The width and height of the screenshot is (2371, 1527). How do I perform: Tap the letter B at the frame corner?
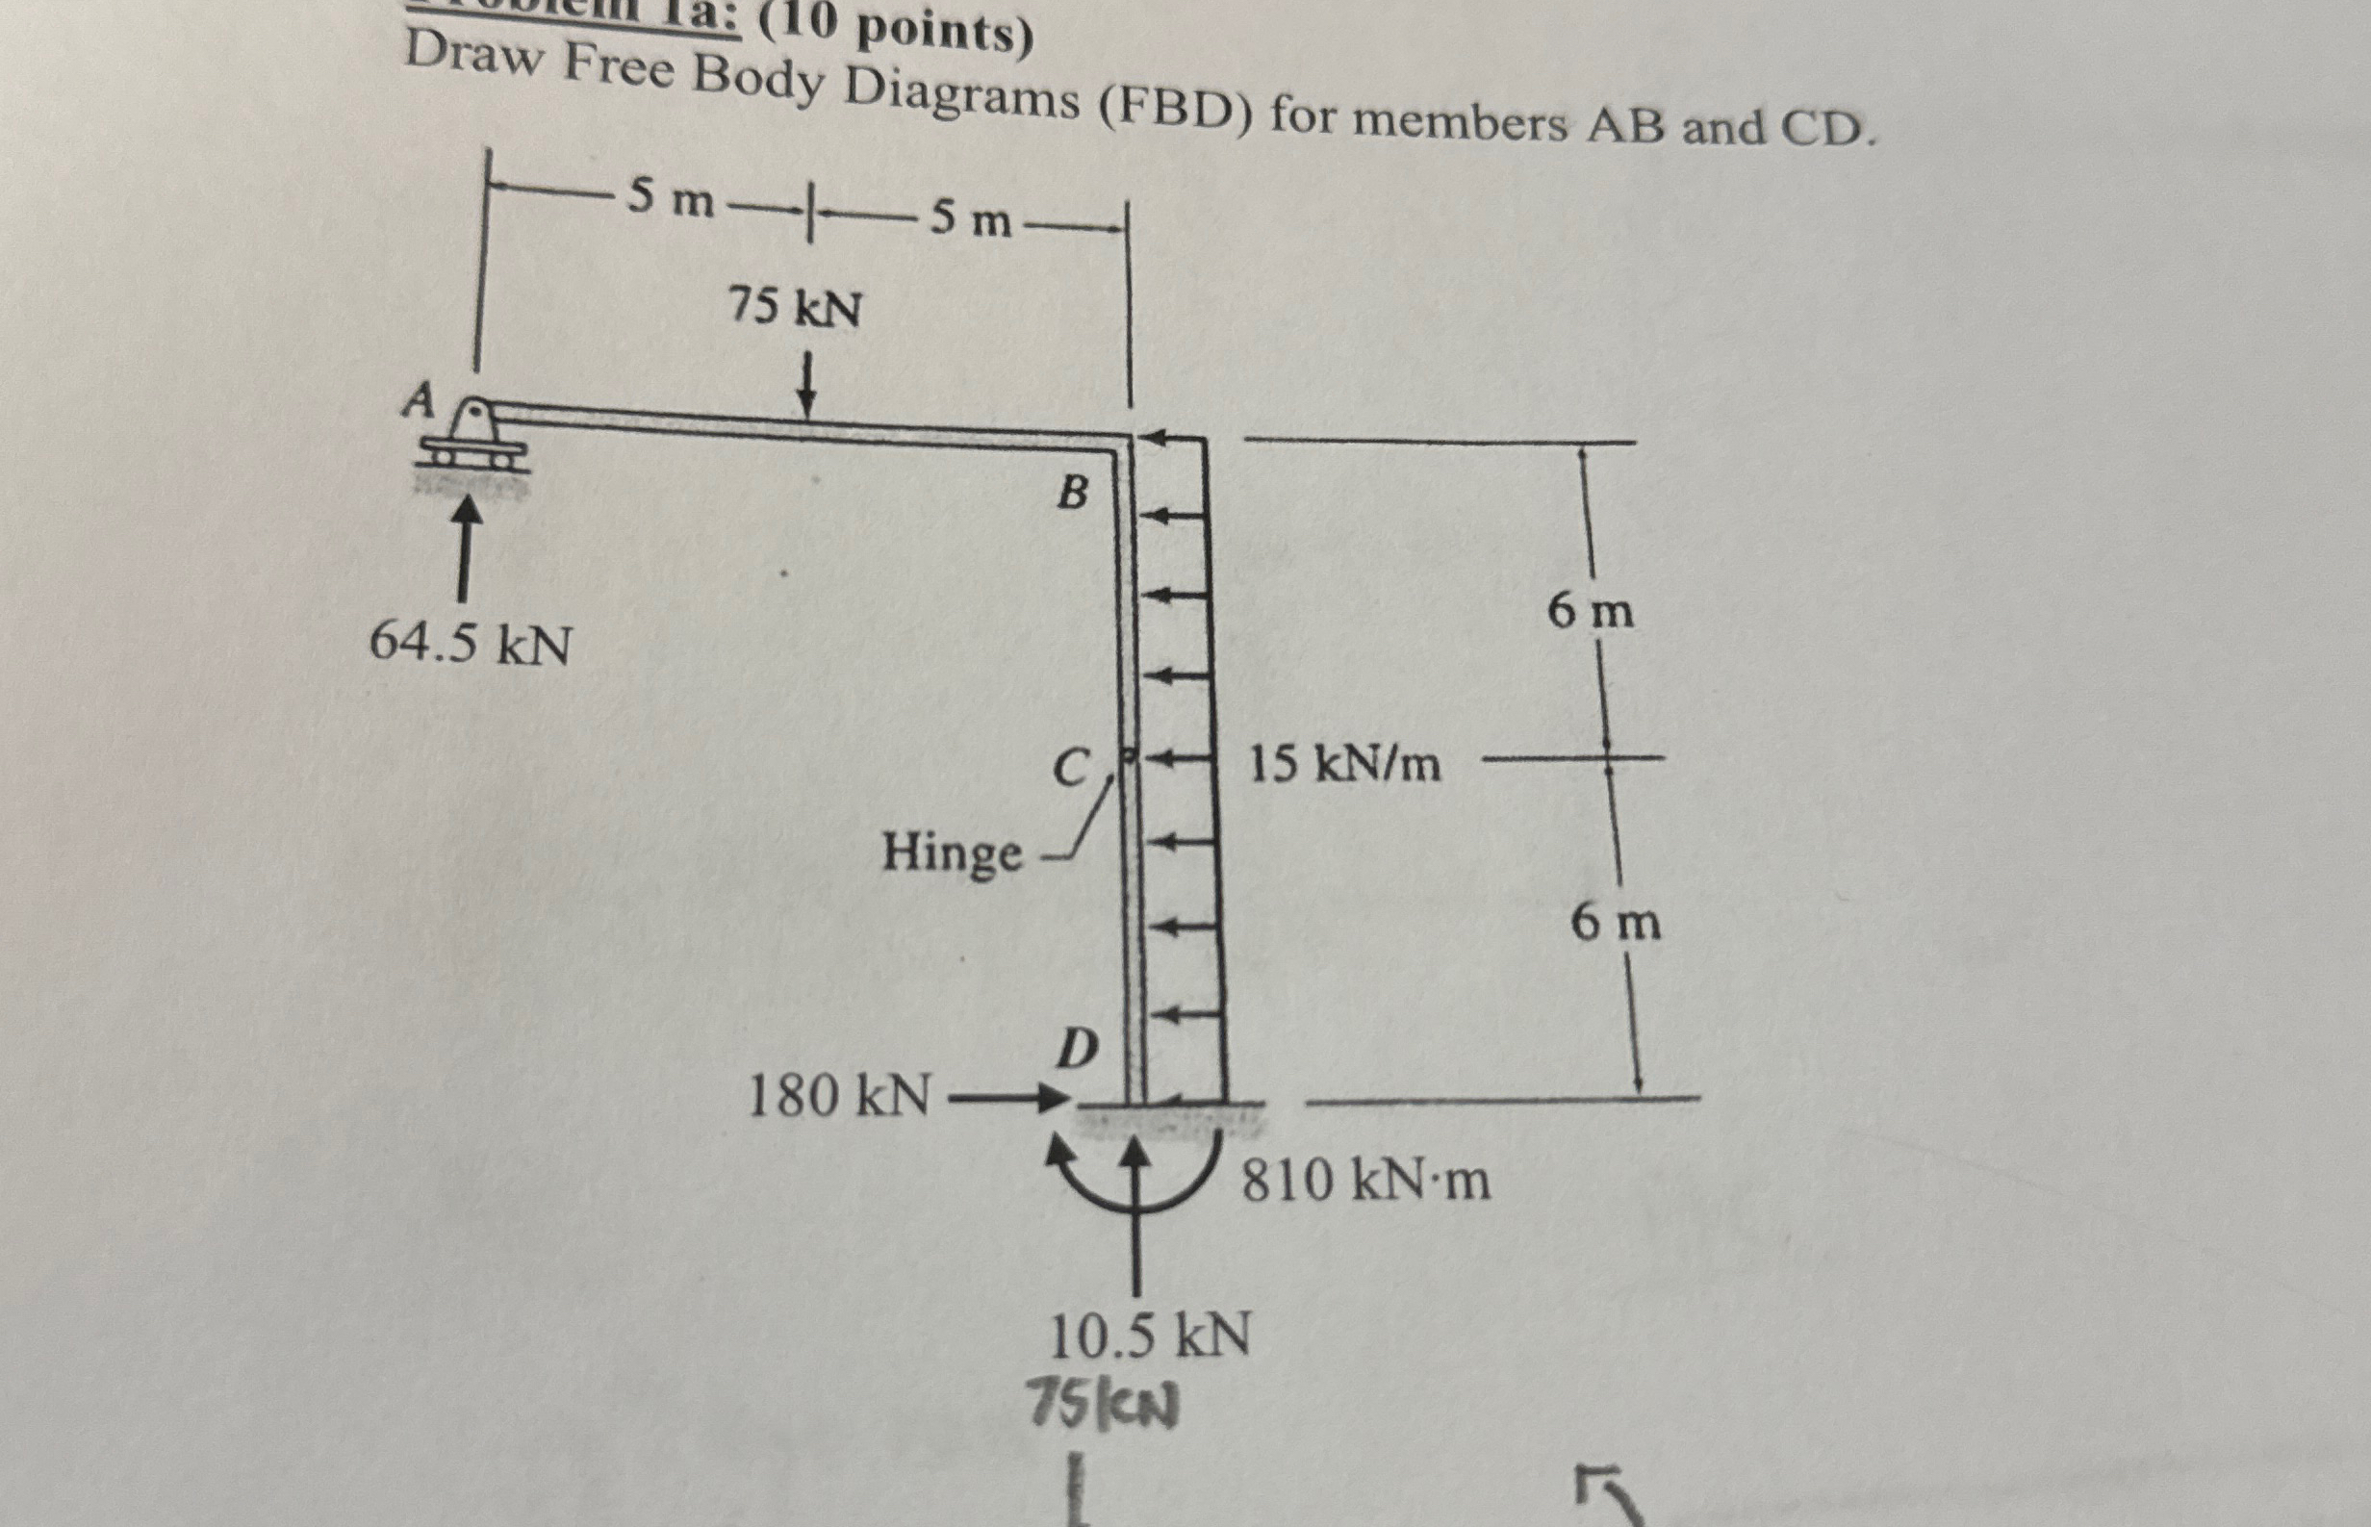click(x=1072, y=492)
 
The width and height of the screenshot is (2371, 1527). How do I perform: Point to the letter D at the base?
click(x=1077, y=1048)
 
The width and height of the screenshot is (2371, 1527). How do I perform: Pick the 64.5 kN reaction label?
click(x=470, y=646)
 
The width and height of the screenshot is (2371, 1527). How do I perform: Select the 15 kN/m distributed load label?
click(x=1343, y=765)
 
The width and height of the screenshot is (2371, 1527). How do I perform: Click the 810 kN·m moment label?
click(x=1366, y=1181)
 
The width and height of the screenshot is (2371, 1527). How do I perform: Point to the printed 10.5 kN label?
click(x=1150, y=1336)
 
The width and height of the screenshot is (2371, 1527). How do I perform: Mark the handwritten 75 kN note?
click(x=1105, y=1404)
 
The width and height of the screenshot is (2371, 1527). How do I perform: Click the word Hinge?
click(x=952, y=853)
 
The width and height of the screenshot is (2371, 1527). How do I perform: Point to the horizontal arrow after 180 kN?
click(x=1007, y=1099)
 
